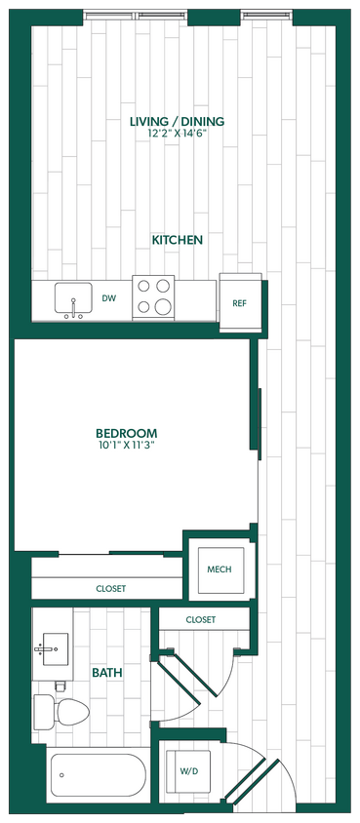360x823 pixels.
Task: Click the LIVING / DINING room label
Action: tap(177, 122)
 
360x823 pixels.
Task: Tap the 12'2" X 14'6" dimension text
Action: tap(177, 134)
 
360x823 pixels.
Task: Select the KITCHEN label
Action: tap(177, 239)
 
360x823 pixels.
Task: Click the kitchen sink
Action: tap(72, 298)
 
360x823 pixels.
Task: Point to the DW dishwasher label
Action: tap(109, 299)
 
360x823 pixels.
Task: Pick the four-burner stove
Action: tap(153, 295)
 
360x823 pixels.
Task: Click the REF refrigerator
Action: tap(239, 302)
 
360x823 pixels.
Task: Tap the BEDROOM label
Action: tap(126, 433)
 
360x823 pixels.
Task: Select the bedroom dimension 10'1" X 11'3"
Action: tap(126, 445)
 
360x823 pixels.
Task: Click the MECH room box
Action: tap(220, 568)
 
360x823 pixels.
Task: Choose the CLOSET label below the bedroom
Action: tap(110, 588)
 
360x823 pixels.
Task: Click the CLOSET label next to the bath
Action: tap(200, 620)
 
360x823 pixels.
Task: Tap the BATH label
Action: tap(106, 673)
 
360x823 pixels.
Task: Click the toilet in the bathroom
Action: tap(60, 712)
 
